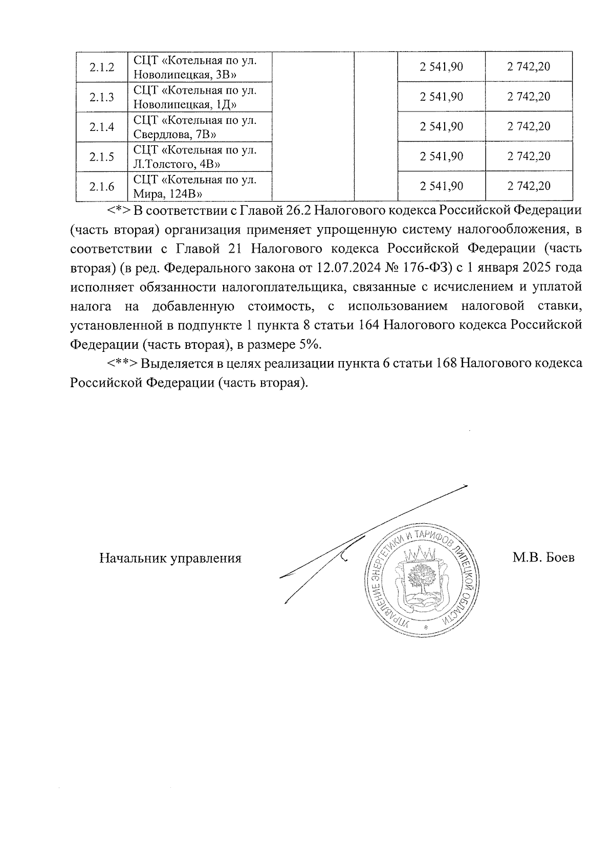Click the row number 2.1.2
click(x=101, y=67)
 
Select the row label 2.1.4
click(x=101, y=127)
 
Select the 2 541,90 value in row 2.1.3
click(x=441, y=97)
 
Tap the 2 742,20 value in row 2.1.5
click(x=529, y=157)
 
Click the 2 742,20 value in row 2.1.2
click(x=529, y=67)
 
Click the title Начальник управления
click(x=170, y=558)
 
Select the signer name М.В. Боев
click(x=543, y=558)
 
